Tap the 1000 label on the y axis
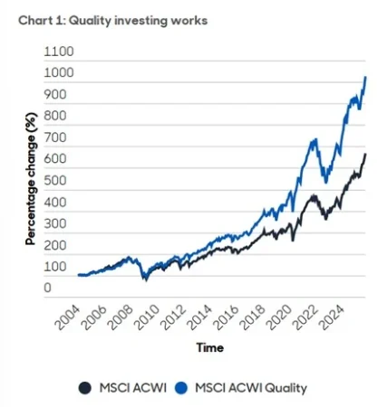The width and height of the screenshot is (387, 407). (x=57, y=75)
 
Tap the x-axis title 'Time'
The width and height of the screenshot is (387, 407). (x=211, y=347)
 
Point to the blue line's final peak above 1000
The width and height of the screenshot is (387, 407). (x=364, y=77)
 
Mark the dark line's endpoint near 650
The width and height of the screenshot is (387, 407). (x=365, y=154)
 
